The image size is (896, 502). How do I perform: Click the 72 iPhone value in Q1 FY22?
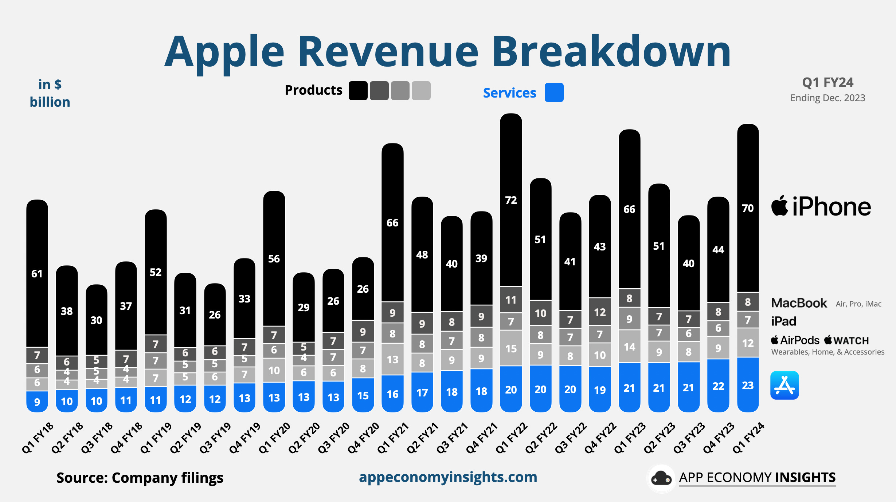[511, 200]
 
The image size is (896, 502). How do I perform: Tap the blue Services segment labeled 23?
[748, 385]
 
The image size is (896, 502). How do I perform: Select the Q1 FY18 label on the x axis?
[38, 438]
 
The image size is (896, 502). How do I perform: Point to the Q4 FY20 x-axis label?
[363, 438]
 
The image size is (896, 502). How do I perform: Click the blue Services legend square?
[554, 92]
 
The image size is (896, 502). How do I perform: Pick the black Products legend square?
[358, 91]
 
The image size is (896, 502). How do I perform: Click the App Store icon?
[785, 385]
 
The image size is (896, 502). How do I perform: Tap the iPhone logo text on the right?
[821, 206]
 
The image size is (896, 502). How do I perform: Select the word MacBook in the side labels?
[799, 303]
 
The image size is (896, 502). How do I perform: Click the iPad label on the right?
[783, 321]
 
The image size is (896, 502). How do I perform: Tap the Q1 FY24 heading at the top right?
[827, 83]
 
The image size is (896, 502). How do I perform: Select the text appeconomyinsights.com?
[448, 477]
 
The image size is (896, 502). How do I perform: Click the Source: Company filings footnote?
[140, 478]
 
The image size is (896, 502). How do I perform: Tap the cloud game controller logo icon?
[661, 478]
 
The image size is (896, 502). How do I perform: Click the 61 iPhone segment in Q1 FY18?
[37, 273]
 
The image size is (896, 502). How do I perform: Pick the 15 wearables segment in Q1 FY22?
[511, 348]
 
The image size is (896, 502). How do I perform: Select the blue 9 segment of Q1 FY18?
[37, 402]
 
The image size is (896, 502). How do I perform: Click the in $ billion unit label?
[50, 94]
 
